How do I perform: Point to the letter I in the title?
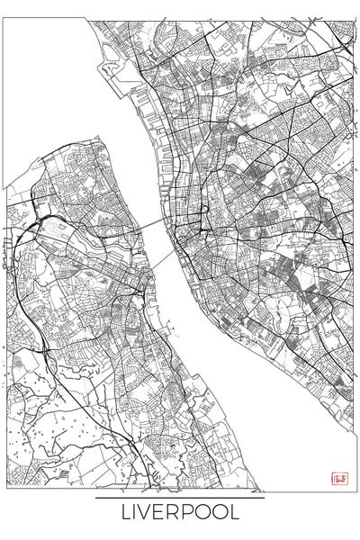point(136,513)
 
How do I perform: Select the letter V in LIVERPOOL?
point(147,513)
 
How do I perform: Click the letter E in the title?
point(161,513)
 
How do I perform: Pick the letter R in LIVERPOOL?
point(175,513)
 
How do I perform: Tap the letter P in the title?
point(189,513)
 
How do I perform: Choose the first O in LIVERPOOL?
point(204,513)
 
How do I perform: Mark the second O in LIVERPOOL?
point(221,513)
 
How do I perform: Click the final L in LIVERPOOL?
point(236,513)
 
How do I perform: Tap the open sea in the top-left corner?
point(36,72)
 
